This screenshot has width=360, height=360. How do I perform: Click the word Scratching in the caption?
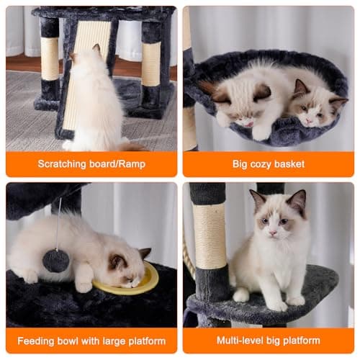click(x=63, y=164)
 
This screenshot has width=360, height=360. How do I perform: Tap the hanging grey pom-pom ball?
click(x=55, y=260)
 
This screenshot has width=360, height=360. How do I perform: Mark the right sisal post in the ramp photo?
click(x=151, y=65)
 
